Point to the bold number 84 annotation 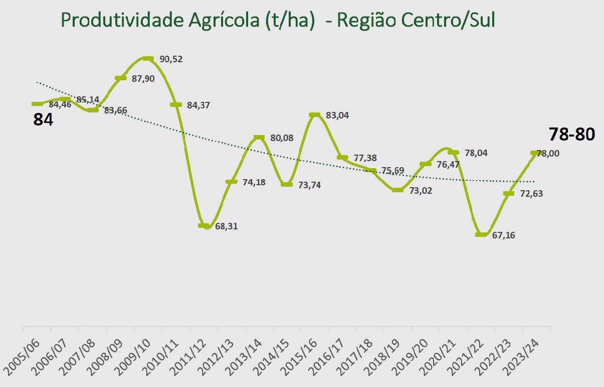point(43,119)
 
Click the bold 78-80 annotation point(571,135)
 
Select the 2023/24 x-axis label point(523,355)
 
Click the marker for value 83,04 point(314,115)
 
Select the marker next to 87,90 point(120,78)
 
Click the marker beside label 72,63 point(509,193)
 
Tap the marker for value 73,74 point(287,185)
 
